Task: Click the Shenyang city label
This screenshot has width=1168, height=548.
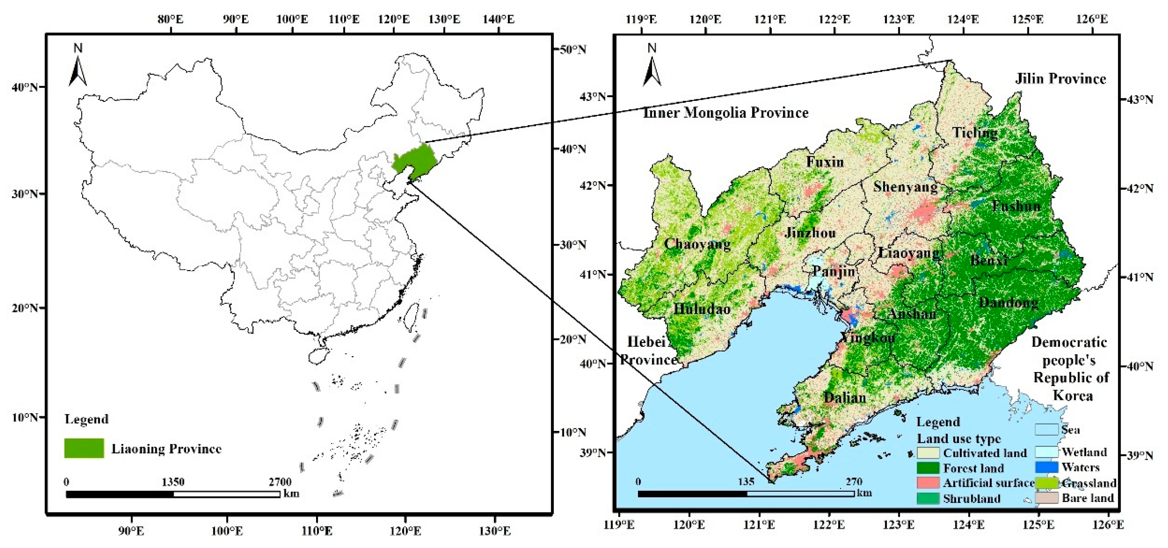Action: (x=905, y=187)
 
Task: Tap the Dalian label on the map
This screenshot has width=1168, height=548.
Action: (x=845, y=397)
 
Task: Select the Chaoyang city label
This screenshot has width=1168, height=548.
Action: (x=697, y=244)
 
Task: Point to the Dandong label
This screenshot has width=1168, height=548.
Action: (x=1008, y=302)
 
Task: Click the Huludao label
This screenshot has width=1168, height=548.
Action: (x=702, y=309)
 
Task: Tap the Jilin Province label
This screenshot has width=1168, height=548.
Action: (x=1060, y=79)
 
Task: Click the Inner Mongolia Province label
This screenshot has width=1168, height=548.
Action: (x=725, y=113)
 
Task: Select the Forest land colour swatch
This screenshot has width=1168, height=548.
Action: (x=928, y=468)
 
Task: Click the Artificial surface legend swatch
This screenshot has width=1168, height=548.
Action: (x=928, y=483)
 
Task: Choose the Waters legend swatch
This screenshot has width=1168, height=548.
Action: (x=1047, y=467)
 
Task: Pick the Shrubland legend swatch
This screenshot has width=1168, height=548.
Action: (x=928, y=498)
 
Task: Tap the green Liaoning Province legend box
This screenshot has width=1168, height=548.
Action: (x=84, y=448)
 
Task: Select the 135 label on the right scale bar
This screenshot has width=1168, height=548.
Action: (x=746, y=481)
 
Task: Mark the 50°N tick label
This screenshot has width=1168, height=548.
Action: (x=572, y=49)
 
